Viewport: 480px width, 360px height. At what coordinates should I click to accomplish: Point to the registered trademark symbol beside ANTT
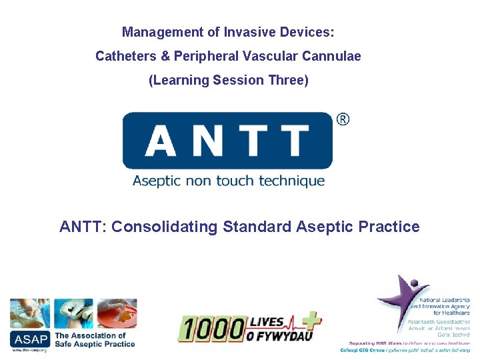click(x=343, y=119)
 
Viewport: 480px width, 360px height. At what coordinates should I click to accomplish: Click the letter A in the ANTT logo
click(x=160, y=141)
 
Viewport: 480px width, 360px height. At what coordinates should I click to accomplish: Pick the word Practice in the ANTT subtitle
click(x=389, y=227)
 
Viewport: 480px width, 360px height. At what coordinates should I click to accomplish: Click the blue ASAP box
click(x=29, y=339)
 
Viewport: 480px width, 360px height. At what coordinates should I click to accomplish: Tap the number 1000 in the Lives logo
click(x=210, y=329)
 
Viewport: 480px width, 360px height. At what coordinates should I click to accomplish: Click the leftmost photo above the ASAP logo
click(x=29, y=313)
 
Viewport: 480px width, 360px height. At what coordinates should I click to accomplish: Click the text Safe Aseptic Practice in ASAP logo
click(x=95, y=344)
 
